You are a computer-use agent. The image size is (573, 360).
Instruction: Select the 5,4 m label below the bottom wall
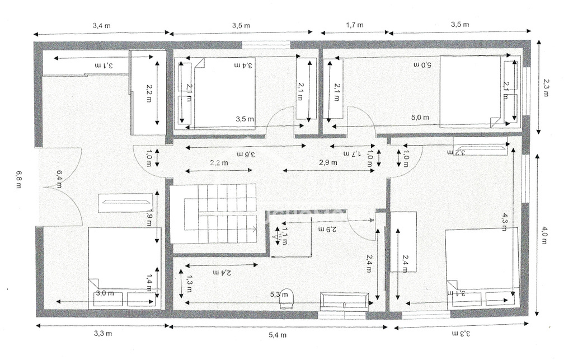click(278, 335)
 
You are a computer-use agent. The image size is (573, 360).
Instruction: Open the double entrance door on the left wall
click(59, 187)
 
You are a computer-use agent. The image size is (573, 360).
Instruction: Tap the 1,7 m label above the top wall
click(355, 25)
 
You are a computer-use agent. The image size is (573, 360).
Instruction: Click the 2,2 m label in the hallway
click(219, 163)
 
